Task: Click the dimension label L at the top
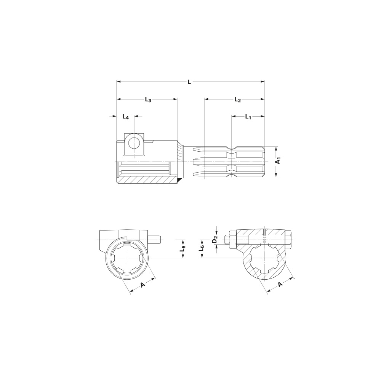[x=189, y=82]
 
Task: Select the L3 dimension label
[x=148, y=99]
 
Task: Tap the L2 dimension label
[x=238, y=99]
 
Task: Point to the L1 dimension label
[x=248, y=117]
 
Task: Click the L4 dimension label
[x=125, y=117]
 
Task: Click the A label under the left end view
[x=143, y=285]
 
